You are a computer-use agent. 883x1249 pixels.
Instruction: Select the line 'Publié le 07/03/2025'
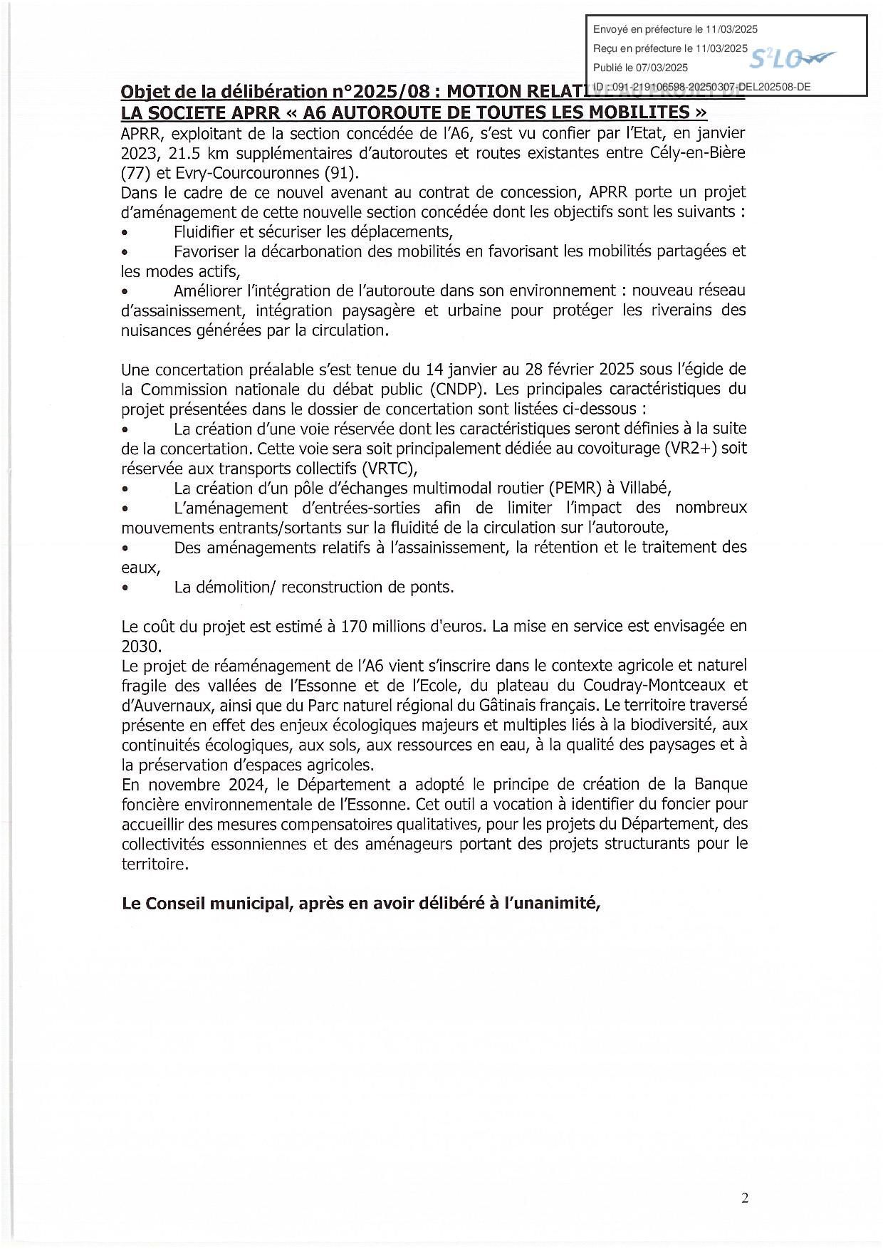coord(640,68)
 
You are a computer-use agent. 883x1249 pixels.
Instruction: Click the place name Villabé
coord(643,488)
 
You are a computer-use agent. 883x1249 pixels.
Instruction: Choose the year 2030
coord(142,647)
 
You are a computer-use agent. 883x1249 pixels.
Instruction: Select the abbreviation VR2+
coord(692,449)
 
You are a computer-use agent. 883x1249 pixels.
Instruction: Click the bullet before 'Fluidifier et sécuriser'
coord(125,233)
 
